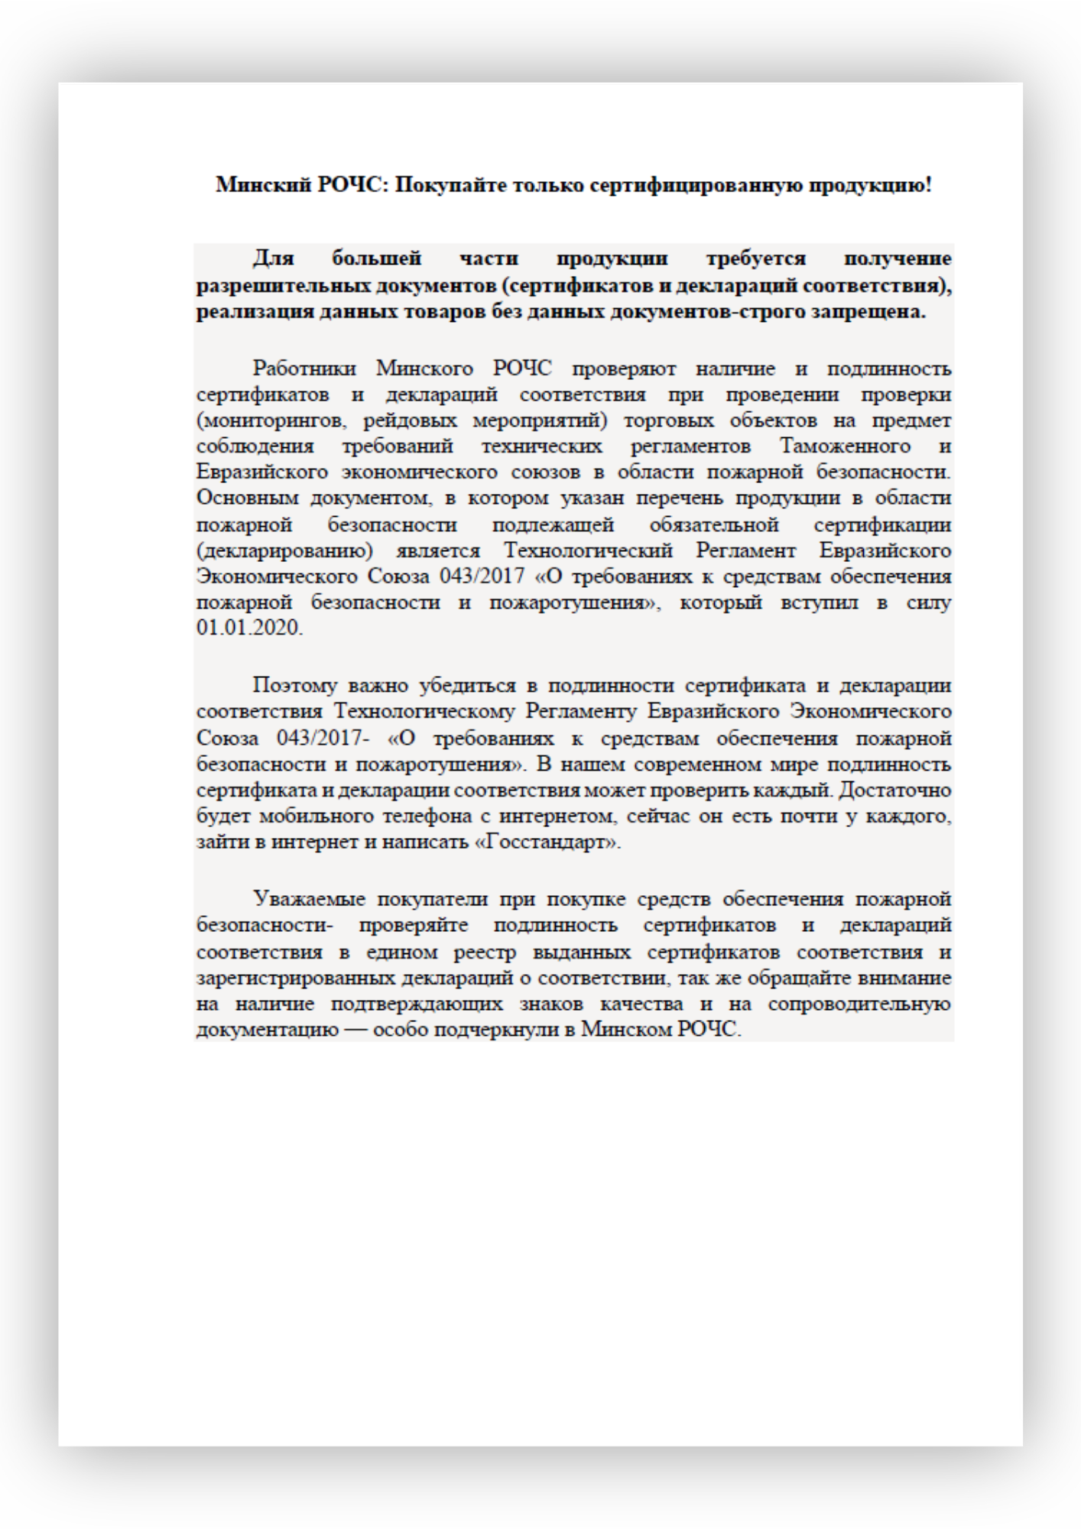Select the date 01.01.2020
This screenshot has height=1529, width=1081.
coord(249,628)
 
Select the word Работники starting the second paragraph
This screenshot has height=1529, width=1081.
coord(304,368)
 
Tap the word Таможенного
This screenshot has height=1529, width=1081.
coord(845,446)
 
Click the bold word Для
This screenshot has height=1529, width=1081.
coord(274,258)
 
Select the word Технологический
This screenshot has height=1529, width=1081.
coord(588,550)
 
